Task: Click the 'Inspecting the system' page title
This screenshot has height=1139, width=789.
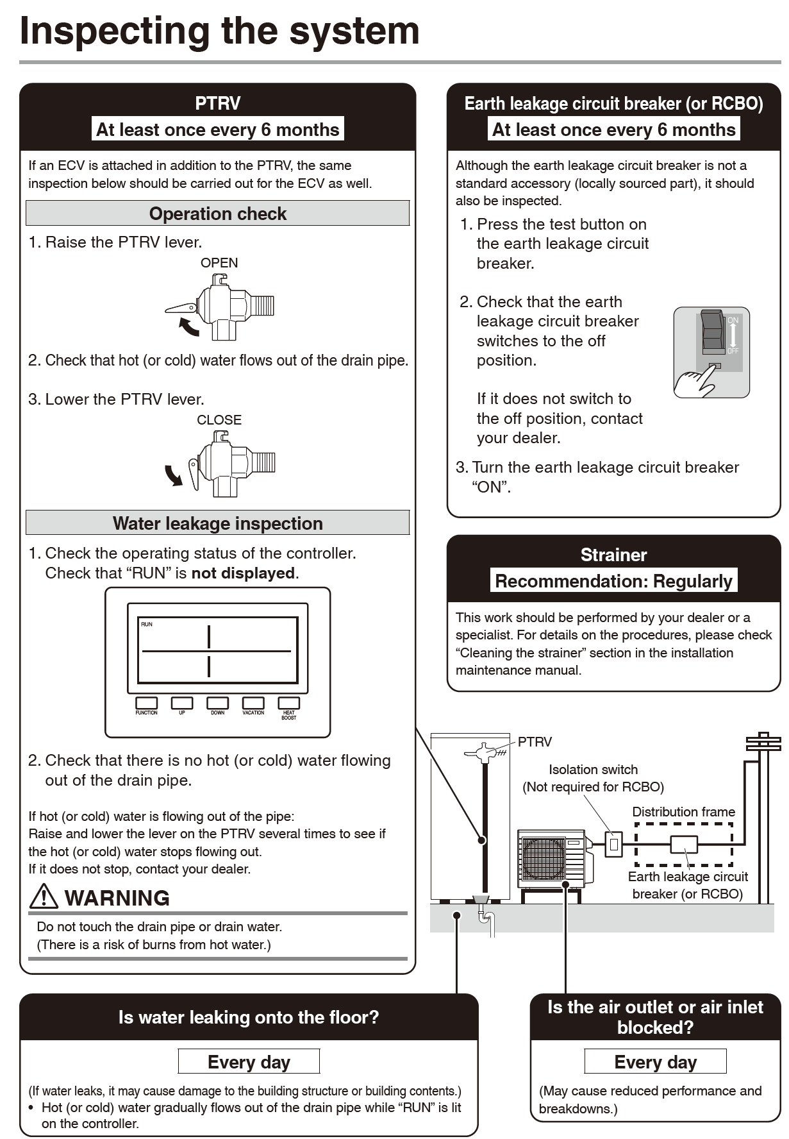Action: [x=219, y=31]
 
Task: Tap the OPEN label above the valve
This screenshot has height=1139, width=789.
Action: [x=219, y=263]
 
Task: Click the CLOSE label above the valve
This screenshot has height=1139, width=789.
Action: [x=219, y=420]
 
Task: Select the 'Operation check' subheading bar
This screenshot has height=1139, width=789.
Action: [x=217, y=214]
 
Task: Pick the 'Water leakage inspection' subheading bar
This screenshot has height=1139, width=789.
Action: [x=217, y=523]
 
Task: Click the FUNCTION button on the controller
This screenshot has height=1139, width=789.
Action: [x=147, y=704]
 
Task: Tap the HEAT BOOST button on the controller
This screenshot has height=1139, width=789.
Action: [x=288, y=704]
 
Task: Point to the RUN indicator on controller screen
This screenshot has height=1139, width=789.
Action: [x=147, y=624]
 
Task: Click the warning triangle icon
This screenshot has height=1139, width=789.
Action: [x=44, y=897]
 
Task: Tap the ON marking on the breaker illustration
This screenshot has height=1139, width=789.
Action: [x=733, y=320]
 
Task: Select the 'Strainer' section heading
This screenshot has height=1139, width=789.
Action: [x=613, y=555]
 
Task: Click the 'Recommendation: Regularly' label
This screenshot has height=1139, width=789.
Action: [x=613, y=581]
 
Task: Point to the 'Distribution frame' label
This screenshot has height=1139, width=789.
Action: [x=683, y=812]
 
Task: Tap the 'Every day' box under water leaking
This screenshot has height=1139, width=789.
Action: [x=249, y=1062]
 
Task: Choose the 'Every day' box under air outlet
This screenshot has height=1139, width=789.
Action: [x=655, y=1062]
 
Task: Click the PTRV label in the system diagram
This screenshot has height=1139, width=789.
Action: [x=535, y=742]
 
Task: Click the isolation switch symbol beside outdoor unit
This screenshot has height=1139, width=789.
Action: [x=613, y=844]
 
